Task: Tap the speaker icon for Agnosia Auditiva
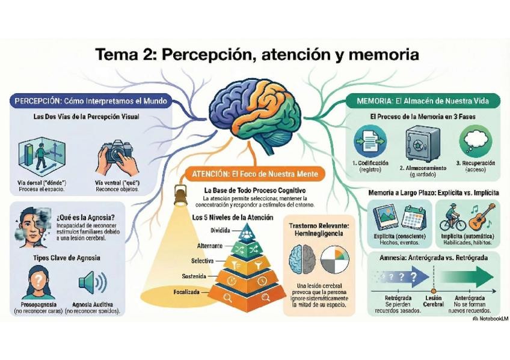point(91,282)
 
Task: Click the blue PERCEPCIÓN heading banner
point(90,100)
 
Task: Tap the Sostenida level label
point(194,276)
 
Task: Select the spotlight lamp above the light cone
point(178,195)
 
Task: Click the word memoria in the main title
point(379,55)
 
